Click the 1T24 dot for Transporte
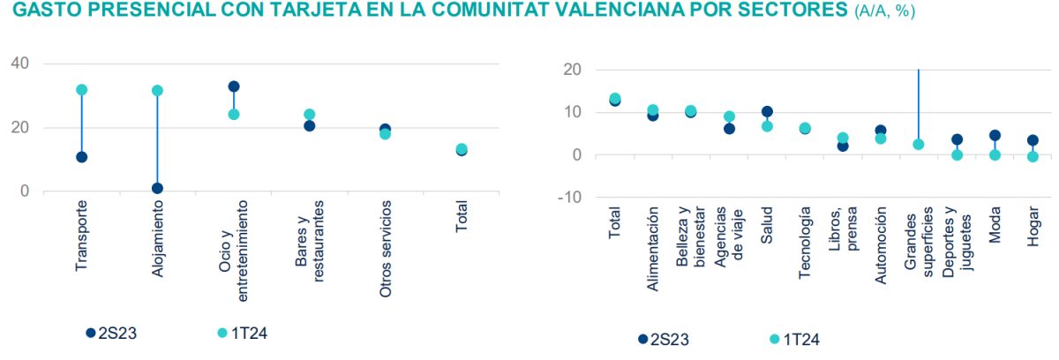pyautogui.click(x=81, y=90)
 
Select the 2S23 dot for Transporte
pyautogui.click(x=81, y=157)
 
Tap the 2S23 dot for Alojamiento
pyautogui.click(x=157, y=188)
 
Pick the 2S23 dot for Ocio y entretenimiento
pyautogui.click(x=234, y=86)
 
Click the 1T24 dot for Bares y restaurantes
pyautogui.click(x=310, y=115)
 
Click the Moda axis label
pyautogui.click(x=995, y=223)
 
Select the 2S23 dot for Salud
pyautogui.click(x=767, y=112)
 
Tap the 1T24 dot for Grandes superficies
pyautogui.click(x=919, y=145)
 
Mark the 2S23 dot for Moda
pyautogui.click(x=995, y=136)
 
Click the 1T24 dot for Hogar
pyautogui.click(x=1033, y=157)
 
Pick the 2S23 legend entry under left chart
pyautogui.click(x=110, y=333)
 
